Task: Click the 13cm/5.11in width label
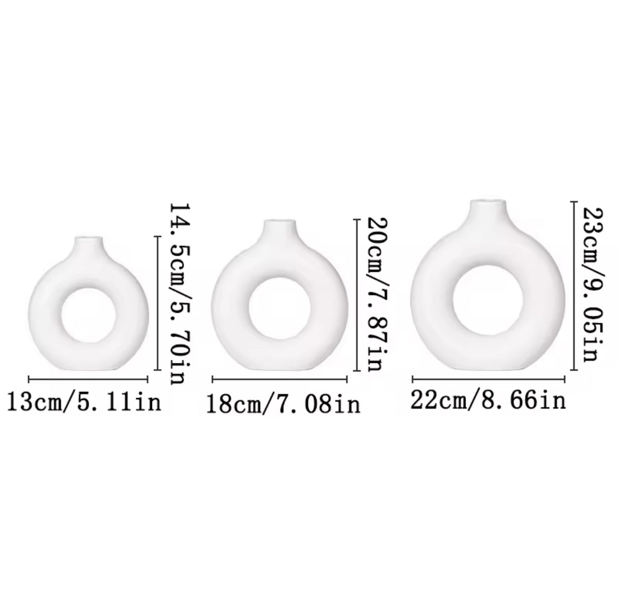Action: point(84,402)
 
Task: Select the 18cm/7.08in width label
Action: point(284,404)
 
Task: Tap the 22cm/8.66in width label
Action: point(488,400)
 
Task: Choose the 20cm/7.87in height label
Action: point(378,294)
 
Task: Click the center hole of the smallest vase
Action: point(89,315)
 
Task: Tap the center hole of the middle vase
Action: point(279,308)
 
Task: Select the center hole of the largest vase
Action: point(488,300)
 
